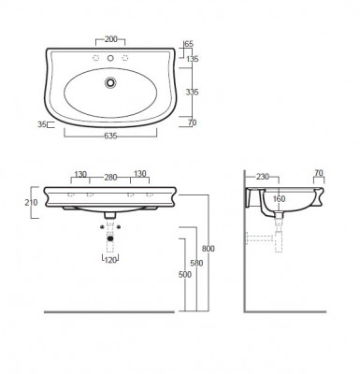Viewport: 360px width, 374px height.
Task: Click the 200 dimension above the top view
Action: pos(110,39)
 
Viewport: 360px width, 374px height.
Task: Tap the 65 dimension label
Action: pos(189,44)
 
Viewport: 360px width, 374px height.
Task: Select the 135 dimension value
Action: pos(192,59)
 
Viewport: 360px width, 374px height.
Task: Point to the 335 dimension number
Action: pos(192,92)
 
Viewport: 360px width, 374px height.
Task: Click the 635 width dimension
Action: pos(110,136)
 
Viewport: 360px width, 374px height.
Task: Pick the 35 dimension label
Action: pos(42,124)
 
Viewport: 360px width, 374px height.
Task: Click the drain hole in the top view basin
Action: pos(110,82)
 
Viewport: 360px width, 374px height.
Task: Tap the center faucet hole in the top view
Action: pos(110,58)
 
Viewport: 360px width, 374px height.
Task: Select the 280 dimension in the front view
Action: pos(110,178)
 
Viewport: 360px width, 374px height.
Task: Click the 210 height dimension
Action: pos(31,203)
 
